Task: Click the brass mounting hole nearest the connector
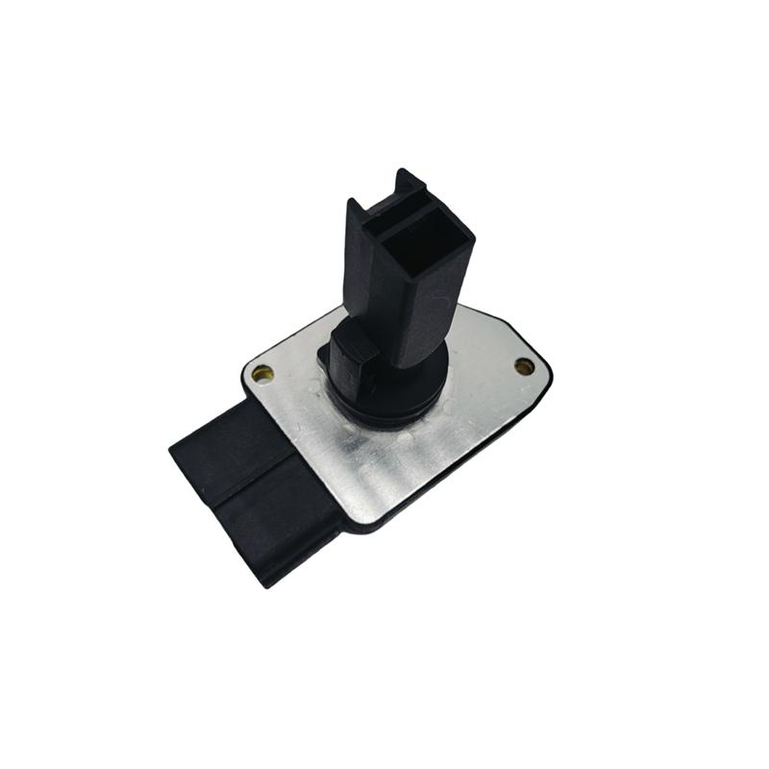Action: (x=262, y=373)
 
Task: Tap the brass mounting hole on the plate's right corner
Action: (x=524, y=366)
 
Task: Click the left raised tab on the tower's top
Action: (x=356, y=207)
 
